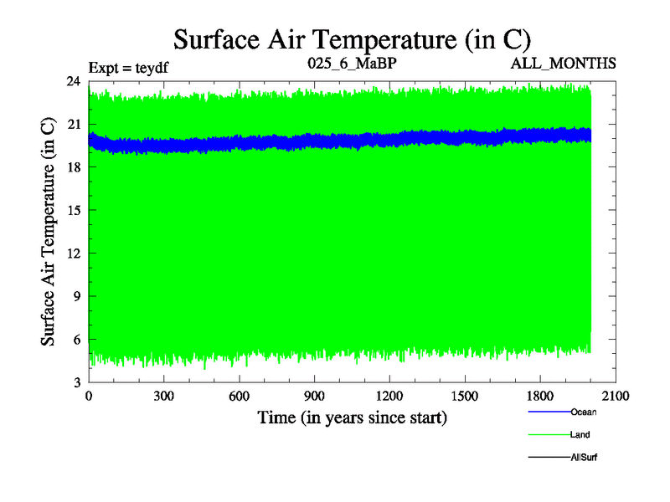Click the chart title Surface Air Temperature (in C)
click(352, 38)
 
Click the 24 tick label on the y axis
click(74, 81)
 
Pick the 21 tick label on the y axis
click(74, 125)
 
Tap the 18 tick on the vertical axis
click(74, 167)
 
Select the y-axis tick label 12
click(74, 254)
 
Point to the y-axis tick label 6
click(77, 340)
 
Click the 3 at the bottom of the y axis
click(77, 382)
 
